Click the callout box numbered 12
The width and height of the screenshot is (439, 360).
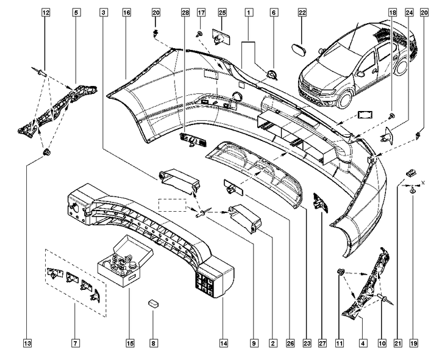[45, 12]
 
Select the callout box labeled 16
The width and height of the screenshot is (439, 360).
[126, 12]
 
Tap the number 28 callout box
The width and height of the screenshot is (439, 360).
[185, 12]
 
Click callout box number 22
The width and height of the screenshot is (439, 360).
[302, 12]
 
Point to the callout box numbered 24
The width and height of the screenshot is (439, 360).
[409, 12]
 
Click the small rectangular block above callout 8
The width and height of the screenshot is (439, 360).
[154, 302]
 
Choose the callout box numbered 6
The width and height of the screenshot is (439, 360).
[274, 12]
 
